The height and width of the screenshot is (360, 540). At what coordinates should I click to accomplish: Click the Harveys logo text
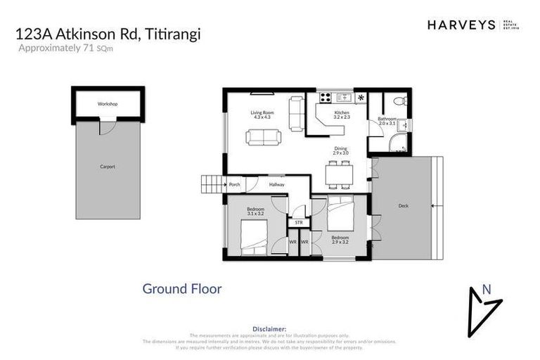pos(461,25)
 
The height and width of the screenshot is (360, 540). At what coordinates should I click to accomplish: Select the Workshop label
pos(108,104)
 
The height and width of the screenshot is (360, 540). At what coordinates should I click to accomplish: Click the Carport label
pos(107,167)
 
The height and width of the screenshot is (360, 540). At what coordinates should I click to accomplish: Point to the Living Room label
pos(262,115)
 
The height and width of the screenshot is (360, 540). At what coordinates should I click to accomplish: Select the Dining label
pos(341,150)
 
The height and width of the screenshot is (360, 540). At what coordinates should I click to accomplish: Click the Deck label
pos(403,206)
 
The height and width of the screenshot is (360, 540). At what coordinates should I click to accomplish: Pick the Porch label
pos(235,185)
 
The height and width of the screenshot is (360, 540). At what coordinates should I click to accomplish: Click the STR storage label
pos(298,223)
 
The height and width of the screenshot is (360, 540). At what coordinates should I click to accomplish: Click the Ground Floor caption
pos(182,288)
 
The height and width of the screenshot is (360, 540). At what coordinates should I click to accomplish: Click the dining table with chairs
pos(339,172)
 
